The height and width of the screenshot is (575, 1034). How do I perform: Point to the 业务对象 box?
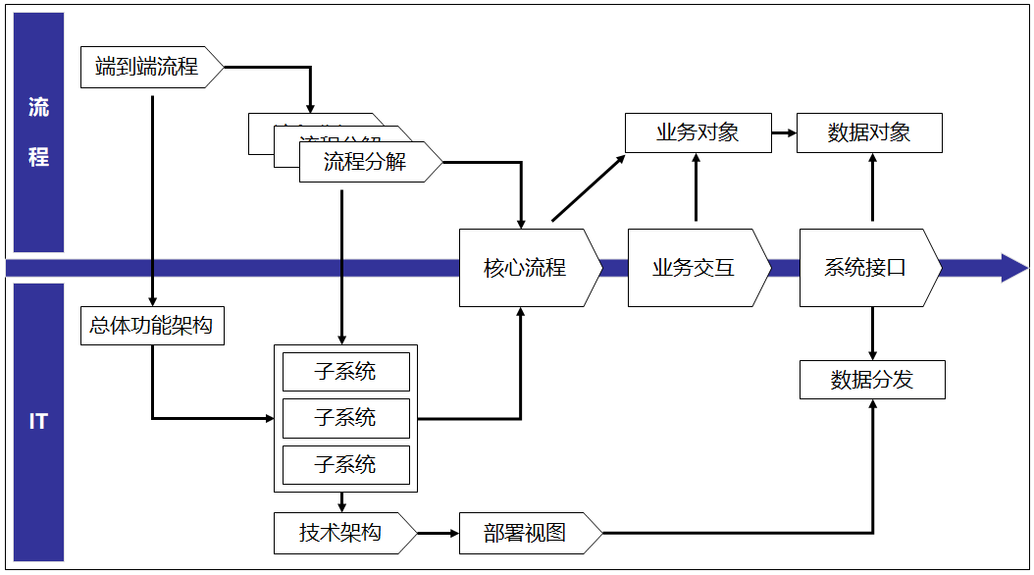[x=697, y=132]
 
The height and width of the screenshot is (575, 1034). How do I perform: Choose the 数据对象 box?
[x=869, y=132]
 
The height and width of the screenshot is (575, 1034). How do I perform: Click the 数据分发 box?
[x=872, y=380]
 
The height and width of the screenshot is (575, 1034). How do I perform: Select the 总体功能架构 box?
[x=151, y=325]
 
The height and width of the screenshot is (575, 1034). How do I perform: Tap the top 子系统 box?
[x=345, y=372]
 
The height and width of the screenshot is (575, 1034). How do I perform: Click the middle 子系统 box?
[x=345, y=418]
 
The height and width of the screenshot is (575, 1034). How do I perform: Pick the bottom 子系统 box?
[x=345, y=465]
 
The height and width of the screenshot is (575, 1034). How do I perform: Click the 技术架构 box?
[x=341, y=533]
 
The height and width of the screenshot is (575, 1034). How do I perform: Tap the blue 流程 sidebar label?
[x=38, y=132]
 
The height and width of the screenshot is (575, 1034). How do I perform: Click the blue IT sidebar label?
[x=38, y=422]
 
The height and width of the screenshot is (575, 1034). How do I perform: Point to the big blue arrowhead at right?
[x=1013, y=268]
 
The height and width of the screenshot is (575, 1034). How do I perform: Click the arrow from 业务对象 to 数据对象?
[x=782, y=132]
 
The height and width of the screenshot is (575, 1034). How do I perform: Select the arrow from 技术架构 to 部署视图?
[x=439, y=533]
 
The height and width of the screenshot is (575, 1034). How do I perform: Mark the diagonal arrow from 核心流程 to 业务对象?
[x=589, y=187]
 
